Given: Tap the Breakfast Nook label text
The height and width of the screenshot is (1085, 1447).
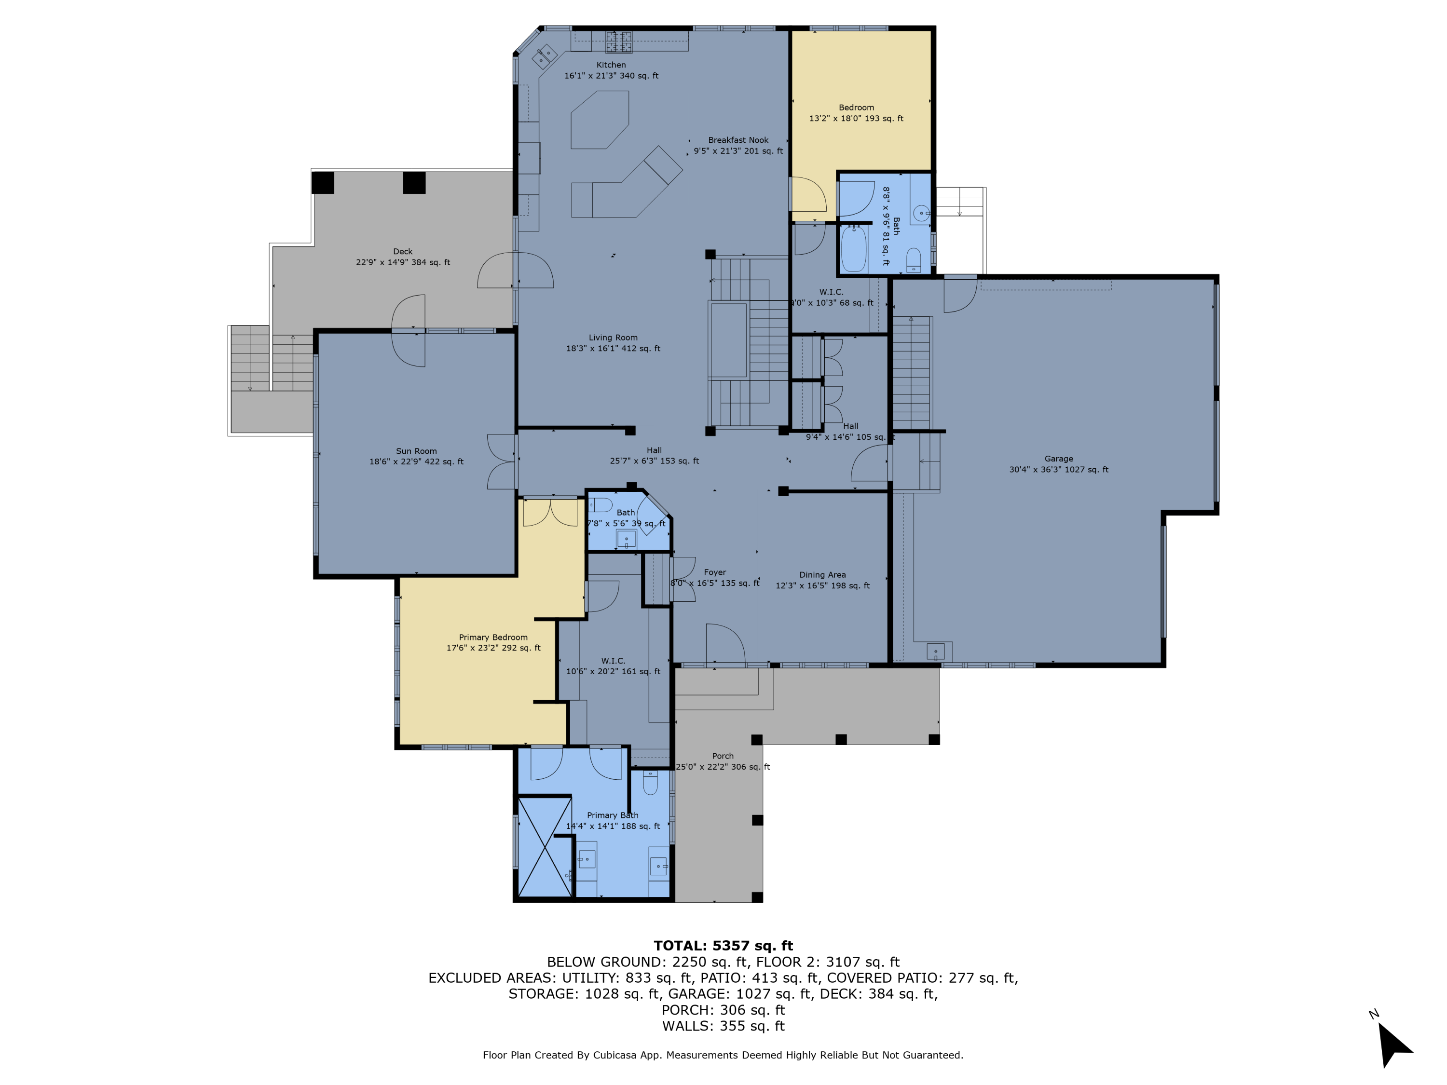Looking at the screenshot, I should [x=738, y=140].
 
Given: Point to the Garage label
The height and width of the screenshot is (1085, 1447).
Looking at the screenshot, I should [x=1058, y=459].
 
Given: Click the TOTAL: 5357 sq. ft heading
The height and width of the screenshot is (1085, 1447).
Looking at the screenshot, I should [x=723, y=946].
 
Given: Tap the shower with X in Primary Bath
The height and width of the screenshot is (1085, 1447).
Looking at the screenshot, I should [x=544, y=847].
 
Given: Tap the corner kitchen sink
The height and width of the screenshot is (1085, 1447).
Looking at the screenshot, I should [x=544, y=57].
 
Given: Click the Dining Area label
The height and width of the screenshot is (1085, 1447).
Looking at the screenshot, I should [x=822, y=575].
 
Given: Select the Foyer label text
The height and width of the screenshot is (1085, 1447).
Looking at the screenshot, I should [x=714, y=572].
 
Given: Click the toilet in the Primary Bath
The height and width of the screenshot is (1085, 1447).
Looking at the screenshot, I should [x=650, y=783].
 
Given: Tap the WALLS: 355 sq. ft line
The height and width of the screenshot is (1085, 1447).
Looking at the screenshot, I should [x=723, y=1026].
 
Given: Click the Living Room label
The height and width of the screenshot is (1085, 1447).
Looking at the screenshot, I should [x=613, y=338].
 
